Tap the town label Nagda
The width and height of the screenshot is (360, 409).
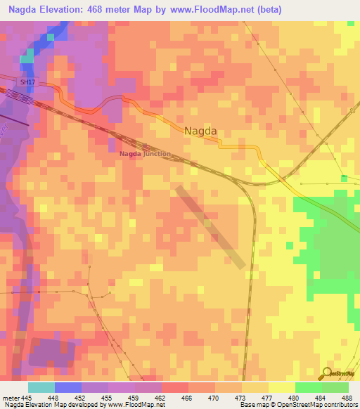[200, 131]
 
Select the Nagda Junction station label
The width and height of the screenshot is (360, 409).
[145, 154]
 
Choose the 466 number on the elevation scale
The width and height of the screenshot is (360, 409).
[186, 398]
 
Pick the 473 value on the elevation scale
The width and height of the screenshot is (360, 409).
[240, 398]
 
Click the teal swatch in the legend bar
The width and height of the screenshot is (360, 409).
[41, 387]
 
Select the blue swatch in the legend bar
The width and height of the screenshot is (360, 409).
[67, 387]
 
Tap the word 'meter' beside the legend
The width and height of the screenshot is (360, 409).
[10, 398]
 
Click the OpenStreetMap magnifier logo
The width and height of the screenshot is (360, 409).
[328, 373]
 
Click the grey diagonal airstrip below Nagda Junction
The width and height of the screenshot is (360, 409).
[211, 226]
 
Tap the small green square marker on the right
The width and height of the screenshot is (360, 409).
[343, 176]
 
